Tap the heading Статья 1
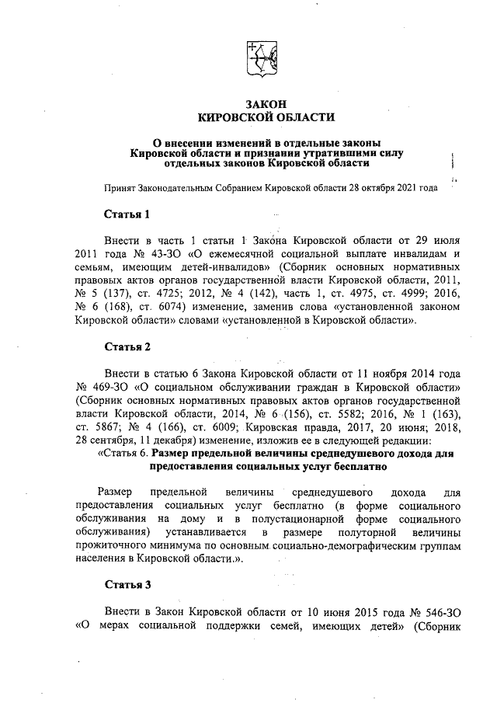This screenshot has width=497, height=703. (x=127, y=214)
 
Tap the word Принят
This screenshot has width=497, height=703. (x=120, y=187)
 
